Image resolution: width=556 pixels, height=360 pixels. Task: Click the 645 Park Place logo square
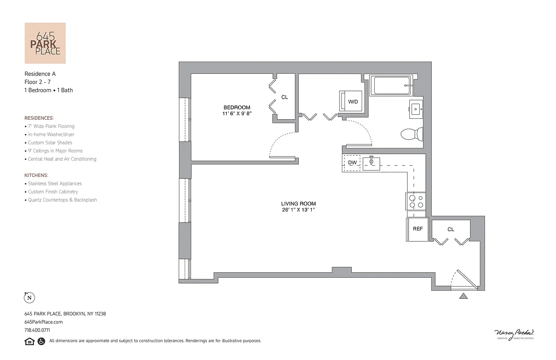(45, 43)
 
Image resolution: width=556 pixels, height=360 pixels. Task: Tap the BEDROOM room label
(237, 108)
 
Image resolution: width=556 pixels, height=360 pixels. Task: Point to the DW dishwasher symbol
(352, 162)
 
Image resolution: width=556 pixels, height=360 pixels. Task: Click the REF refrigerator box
(417, 229)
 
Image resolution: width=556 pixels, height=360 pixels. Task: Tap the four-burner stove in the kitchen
(416, 201)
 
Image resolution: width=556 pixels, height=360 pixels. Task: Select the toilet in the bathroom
(412, 134)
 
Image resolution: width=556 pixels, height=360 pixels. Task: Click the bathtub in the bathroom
(390, 85)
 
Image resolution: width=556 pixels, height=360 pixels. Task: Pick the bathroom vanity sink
(416, 109)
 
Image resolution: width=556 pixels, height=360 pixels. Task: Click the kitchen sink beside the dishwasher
(372, 163)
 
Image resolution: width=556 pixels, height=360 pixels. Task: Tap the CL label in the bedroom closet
(285, 97)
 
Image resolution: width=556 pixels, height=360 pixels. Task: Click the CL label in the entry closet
(451, 229)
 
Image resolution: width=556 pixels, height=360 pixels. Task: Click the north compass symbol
(29, 297)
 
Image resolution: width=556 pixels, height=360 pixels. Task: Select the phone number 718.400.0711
(37, 330)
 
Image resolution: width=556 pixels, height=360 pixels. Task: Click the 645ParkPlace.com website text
(44, 322)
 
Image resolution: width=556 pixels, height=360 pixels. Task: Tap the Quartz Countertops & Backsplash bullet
(62, 200)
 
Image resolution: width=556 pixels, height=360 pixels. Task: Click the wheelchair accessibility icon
(41, 341)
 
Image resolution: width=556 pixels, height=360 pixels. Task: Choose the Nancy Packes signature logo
(514, 333)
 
